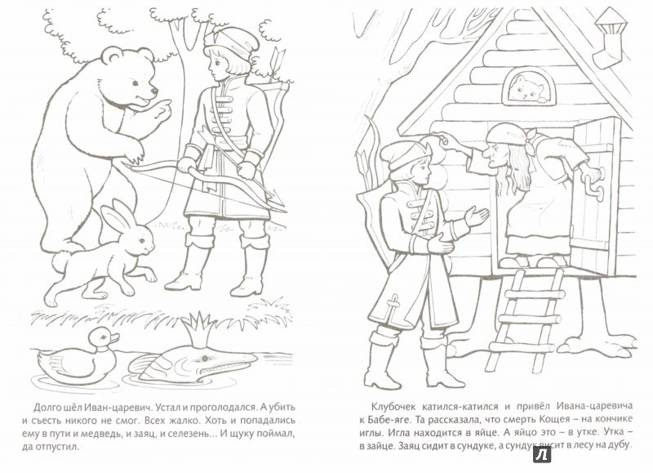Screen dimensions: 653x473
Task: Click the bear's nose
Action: [x=153, y=91]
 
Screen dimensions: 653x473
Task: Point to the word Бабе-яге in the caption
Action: [x=387, y=418]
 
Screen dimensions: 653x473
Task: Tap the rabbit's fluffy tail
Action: [x=61, y=261]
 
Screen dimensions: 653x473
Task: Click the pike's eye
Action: [x=204, y=358]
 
